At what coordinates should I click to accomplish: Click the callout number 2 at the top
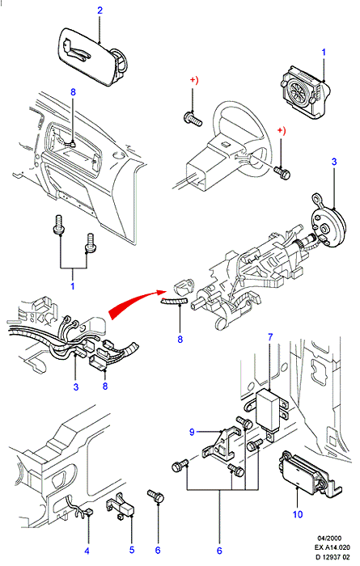[x=100, y=11]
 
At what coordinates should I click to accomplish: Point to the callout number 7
[x=270, y=337]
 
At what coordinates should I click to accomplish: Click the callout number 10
[x=298, y=514]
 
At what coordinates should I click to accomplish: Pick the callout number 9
[x=192, y=432]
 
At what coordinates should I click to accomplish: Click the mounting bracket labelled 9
[x=221, y=445]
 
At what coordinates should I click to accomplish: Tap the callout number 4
[x=87, y=551]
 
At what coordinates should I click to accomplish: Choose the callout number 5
[x=132, y=550]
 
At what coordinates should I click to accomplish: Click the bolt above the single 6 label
[x=156, y=496]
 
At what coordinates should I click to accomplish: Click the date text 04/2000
[x=330, y=539]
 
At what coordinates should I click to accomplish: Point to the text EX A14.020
[x=332, y=547]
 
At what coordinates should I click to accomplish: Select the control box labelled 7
[x=269, y=410]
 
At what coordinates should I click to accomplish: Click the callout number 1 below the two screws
[x=73, y=286]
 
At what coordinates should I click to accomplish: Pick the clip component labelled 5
[x=121, y=507]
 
